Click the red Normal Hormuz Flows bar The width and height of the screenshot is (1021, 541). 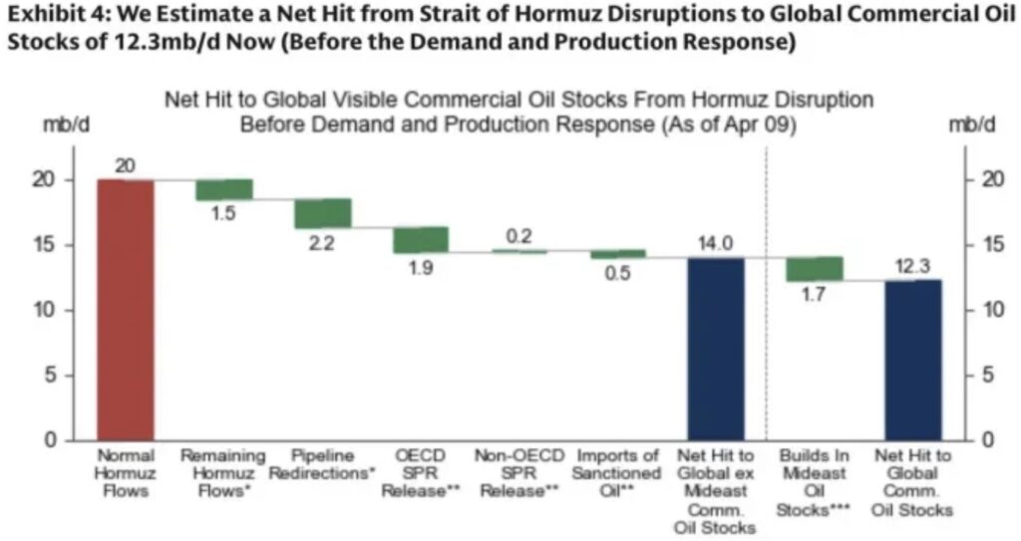(126, 309)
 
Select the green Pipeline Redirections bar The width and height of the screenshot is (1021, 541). (321, 213)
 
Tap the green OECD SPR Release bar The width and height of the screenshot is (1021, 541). (420, 239)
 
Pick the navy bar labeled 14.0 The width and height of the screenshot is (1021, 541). (716, 348)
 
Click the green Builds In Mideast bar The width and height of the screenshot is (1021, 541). (815, 268)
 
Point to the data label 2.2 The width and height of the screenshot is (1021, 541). (321, 243)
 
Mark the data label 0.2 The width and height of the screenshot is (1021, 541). (518, 237)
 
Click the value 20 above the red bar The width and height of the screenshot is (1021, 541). (126, 165)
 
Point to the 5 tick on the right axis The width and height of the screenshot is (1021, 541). (984, 375)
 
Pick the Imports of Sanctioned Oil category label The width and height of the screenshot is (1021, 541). (617, 473)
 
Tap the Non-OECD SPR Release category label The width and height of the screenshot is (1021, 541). (518, 473)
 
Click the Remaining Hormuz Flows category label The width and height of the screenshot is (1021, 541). (223, 473)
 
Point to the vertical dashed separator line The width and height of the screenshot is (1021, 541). (766, 299)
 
